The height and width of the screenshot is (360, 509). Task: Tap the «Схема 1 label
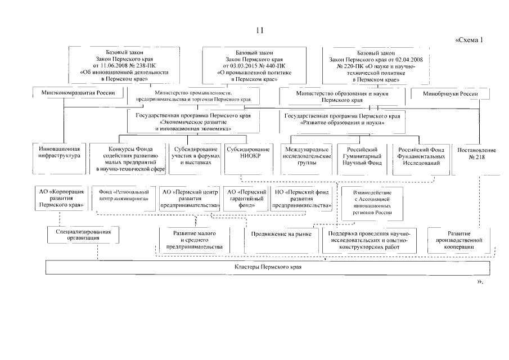467,40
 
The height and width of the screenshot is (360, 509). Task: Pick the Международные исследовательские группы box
304,156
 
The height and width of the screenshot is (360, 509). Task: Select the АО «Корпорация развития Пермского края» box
61,199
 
